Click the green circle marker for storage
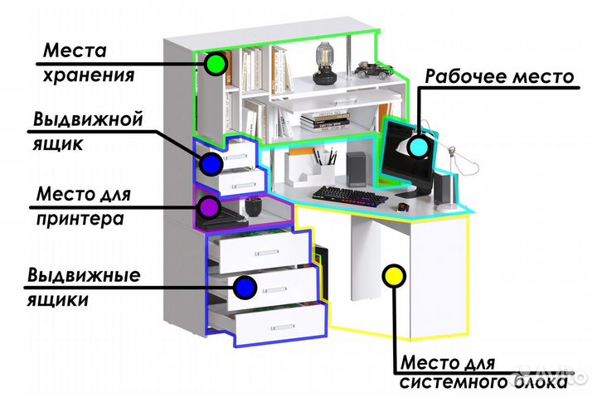click(x=217, y=64)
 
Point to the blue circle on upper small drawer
click(x=211, y=164)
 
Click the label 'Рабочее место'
click(x=499, y=76)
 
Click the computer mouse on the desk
click(x=403, y=206)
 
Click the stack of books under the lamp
click(x=319, y=121)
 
